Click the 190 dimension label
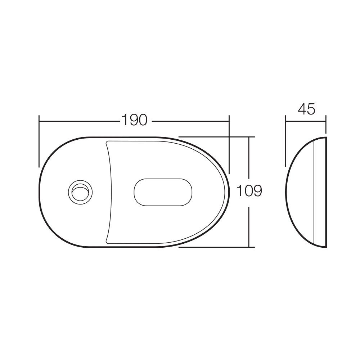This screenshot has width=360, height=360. click(135, 120)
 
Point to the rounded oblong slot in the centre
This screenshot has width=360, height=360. click(163, 192)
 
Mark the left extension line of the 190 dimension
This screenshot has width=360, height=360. click(39, 141)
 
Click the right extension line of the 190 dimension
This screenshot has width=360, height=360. click(229, 144)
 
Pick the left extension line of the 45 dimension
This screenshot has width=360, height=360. click(285, 141)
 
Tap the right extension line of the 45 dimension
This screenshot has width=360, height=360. click(326, 124)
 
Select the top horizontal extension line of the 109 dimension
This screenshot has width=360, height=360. click(216, 137)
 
